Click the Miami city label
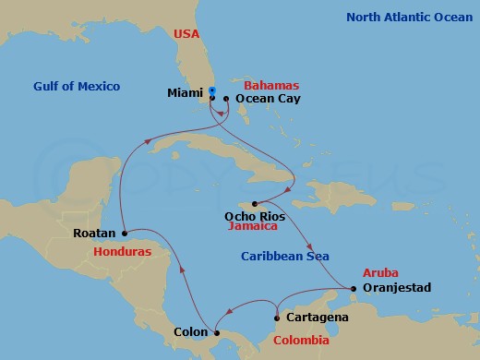[x=186, y=92]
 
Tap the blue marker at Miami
[x=212, y=90]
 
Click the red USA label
[x=186, y=35]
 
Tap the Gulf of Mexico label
[x=76, y=86]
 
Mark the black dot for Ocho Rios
[x=255, y=203]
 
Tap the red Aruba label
[x=380, y=274]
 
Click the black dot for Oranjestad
[x=354, y=288]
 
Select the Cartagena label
[x=317, y=318]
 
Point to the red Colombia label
[x=300, y=341]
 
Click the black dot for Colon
[x=214, y=332]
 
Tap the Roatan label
[x=94, y=234]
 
